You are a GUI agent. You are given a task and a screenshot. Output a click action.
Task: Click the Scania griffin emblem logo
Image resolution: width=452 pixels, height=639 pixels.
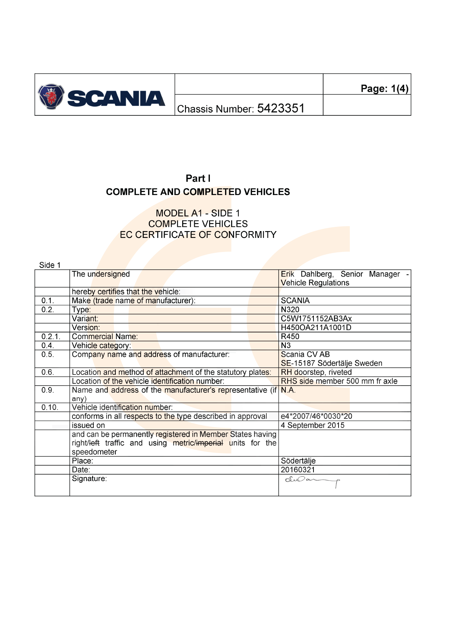tap(51, 96)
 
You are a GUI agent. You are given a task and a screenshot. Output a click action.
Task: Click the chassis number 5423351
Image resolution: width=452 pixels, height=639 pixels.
tap(281, 109)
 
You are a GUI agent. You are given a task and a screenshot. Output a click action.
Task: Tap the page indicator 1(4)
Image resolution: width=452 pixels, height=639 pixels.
tap(400, 88)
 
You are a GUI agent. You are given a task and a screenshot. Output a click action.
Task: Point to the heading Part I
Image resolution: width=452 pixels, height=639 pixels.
tap(198, 178)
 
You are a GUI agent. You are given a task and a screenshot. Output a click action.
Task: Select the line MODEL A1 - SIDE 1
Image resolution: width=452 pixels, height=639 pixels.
tap(198, 213)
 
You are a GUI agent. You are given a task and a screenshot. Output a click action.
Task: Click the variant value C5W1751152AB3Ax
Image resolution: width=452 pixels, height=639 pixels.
tap(316, 319)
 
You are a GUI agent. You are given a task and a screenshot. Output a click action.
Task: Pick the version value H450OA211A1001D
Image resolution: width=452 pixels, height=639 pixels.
tap(316, 327)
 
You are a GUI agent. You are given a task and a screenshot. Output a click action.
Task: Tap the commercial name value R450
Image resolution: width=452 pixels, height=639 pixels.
tap(290, 337)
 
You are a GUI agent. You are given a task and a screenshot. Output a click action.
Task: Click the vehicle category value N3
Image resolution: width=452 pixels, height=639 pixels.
tap(286, 345)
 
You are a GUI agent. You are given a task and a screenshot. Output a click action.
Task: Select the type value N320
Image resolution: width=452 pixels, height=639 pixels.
tap(290, 310)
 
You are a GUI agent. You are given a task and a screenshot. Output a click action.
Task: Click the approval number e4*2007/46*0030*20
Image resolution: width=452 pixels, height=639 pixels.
tap(316, 416)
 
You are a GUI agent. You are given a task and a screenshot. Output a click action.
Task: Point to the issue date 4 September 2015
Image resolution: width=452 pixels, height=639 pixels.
tap(312, 425)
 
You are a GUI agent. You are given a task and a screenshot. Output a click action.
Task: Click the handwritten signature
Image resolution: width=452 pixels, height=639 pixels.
tap(312, 482)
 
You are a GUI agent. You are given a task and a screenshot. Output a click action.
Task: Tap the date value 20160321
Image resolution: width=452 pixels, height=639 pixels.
tap(298, 470)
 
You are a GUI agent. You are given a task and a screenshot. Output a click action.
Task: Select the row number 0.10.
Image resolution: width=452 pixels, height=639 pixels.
tap(50, 408)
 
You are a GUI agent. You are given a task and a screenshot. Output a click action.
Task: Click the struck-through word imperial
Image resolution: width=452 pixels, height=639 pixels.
tap(209, 443)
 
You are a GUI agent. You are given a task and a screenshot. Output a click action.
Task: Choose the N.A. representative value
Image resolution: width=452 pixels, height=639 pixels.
tap(288, 390)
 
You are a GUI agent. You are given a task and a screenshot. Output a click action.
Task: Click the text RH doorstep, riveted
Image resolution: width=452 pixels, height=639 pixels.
tap(316, 372)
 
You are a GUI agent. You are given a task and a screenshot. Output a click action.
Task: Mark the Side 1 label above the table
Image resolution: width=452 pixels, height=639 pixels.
tap(50, 265)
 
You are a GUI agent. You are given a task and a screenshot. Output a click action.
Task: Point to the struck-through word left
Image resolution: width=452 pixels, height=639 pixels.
tap(94, 443)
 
